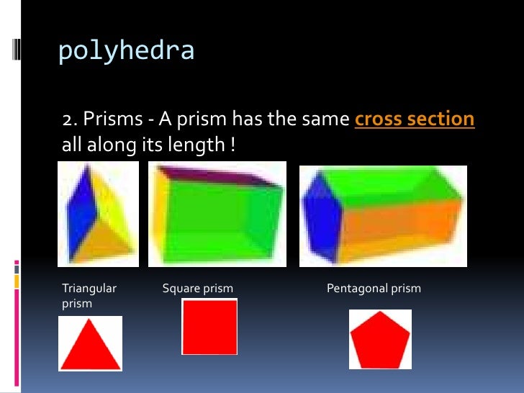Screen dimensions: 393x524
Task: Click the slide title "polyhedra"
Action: point(126,51)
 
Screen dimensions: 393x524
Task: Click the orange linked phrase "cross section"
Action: point(415,119)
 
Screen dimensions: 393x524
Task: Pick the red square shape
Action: point(209,327)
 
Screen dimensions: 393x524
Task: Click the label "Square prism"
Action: point(198,289)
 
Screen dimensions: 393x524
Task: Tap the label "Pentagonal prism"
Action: point(374,289)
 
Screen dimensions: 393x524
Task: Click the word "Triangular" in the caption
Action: point(89,289)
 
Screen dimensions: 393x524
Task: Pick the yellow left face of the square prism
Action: point(160,216)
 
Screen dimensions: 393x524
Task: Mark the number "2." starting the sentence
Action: point(69,119)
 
